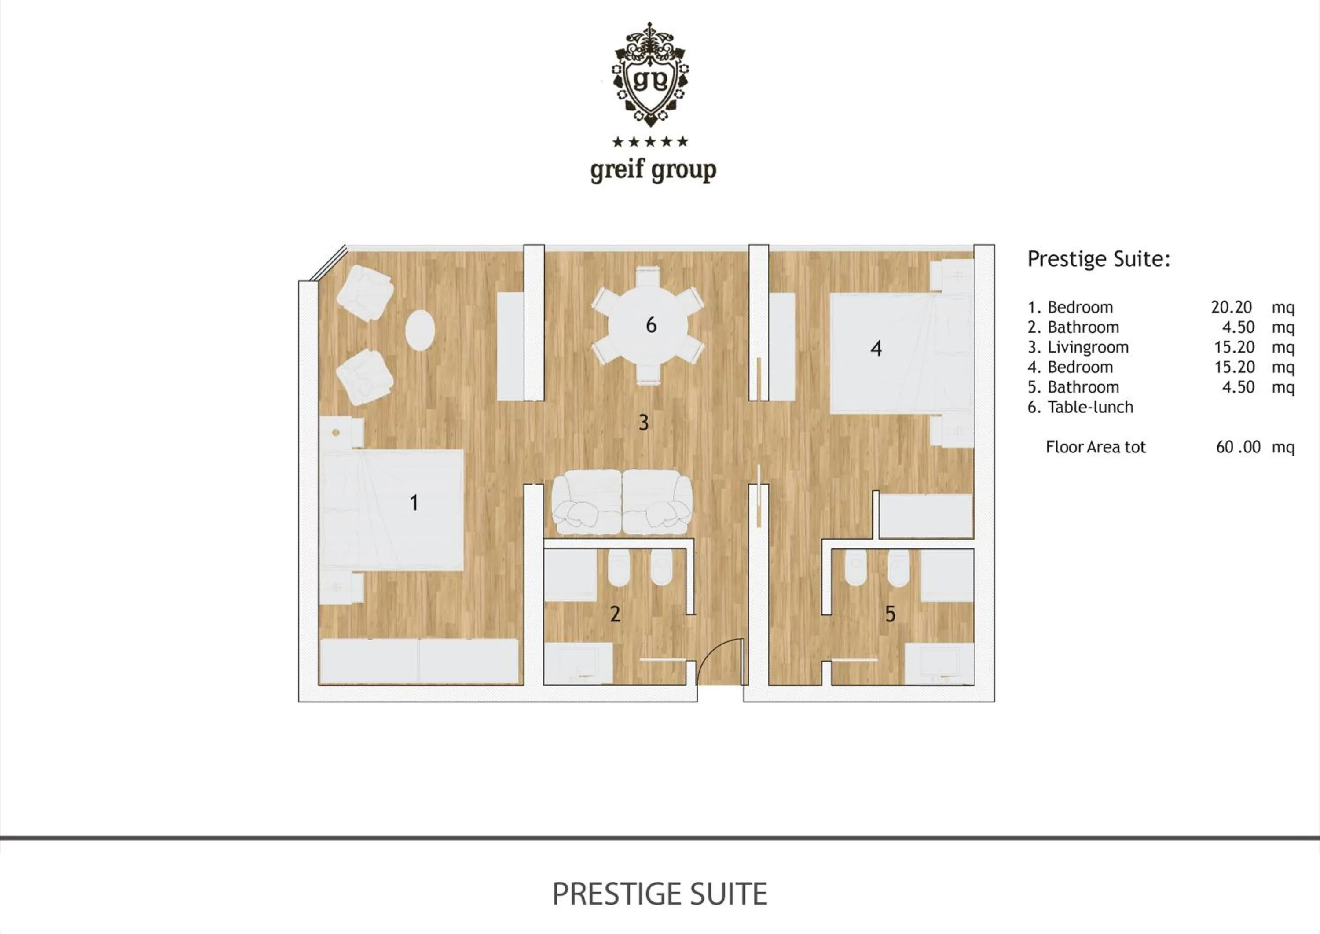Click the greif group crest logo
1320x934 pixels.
(651, 75)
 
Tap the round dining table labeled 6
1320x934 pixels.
(649, 326)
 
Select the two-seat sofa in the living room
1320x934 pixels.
(621, 501)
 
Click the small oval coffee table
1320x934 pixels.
(420, 330)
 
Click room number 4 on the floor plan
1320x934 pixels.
(876, 349)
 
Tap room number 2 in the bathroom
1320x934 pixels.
(615, 614)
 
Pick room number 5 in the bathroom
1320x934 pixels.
(890, 614)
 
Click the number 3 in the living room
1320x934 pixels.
(643, 423)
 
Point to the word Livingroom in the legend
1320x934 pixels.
(1088, 347)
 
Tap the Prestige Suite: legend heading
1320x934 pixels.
(1099, 259)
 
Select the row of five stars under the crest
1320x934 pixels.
(650, 141)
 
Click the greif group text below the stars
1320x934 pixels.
(653, 170)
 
